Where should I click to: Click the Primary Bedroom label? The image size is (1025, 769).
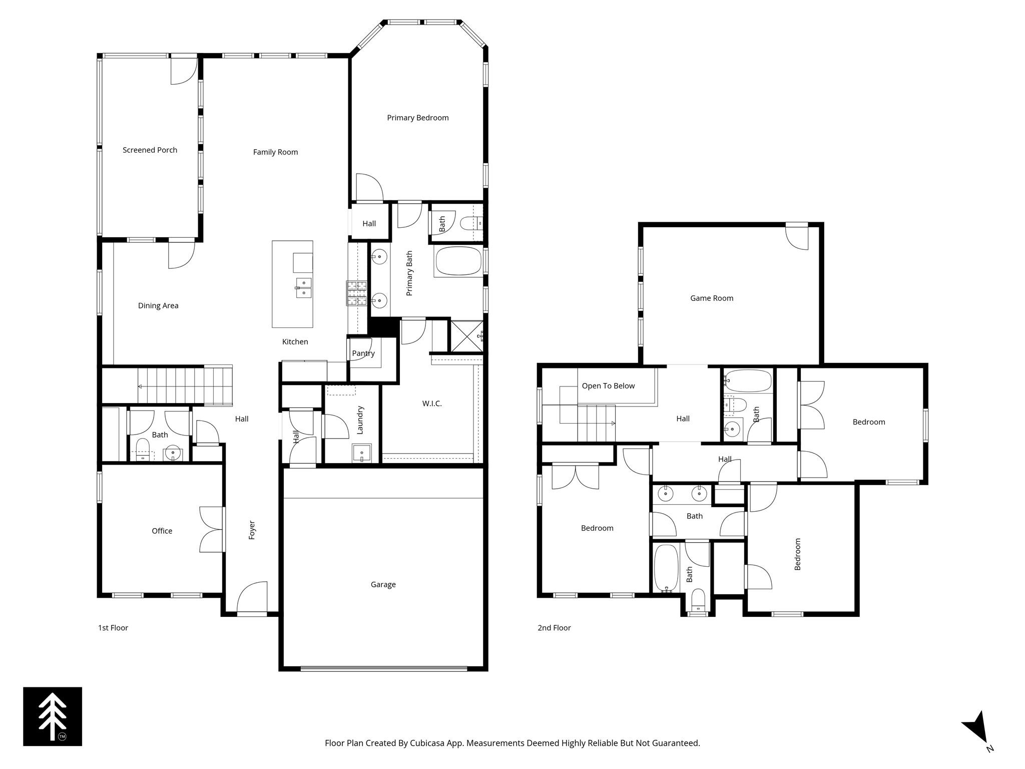[x=417, y=118]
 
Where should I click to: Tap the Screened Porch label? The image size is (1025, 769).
[x=150, y=150]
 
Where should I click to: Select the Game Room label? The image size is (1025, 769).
[x=711, y=298]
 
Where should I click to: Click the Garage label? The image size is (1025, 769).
[x=383, y=584]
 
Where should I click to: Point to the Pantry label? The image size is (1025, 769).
[x=363, y=353]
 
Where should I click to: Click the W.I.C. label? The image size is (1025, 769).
[x=431, y=404]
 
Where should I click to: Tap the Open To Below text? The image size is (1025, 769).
[x=608, y=386]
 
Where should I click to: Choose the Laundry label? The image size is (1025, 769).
[x=360, y=420]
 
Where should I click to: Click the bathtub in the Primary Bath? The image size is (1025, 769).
[x=458, y=261]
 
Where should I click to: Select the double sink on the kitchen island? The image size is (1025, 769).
[x=303, y=288]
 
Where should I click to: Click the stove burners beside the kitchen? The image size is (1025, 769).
[x=356, y=293]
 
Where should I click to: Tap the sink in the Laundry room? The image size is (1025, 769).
[x=361, y=453]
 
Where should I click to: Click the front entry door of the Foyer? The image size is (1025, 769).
[x=252, y=599]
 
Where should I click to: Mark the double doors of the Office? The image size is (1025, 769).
[x=212, y=530]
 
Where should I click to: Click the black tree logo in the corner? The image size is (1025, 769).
[x=53, y=716]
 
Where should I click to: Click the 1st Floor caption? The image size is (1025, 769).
[x=113, y=628]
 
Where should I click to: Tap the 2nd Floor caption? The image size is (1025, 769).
[x=554, y=628]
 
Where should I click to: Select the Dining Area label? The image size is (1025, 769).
[x=158, y=305]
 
